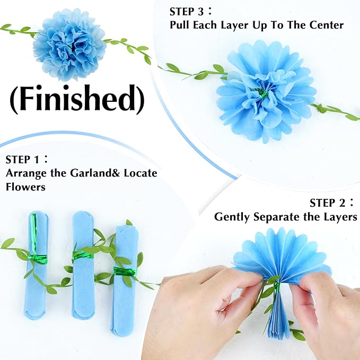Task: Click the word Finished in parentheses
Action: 76,99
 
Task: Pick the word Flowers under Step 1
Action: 25,187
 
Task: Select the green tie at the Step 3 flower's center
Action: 261,93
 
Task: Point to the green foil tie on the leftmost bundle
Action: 37,258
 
